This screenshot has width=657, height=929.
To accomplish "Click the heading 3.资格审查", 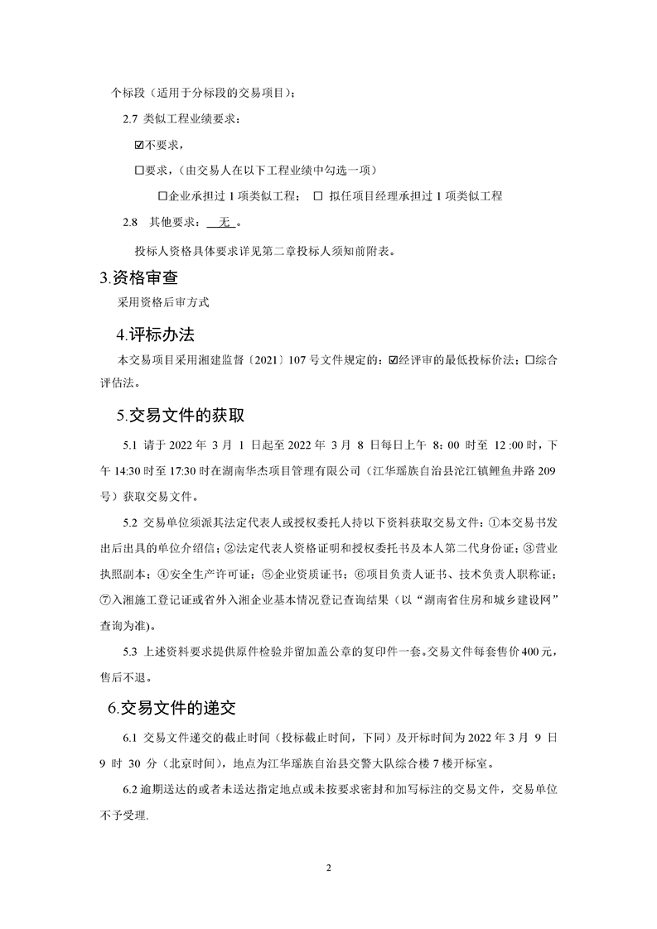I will pos(138,277).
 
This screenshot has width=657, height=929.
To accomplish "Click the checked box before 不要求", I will pos(139,145).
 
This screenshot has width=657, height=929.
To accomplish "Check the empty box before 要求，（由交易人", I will pos(139,171).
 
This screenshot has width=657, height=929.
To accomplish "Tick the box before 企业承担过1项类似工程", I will pos(162,196).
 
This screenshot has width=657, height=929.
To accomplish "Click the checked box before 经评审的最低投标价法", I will pos(393,360).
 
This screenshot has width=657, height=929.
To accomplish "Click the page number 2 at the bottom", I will pos(329,868).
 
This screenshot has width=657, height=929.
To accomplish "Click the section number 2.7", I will pos(129,119).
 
